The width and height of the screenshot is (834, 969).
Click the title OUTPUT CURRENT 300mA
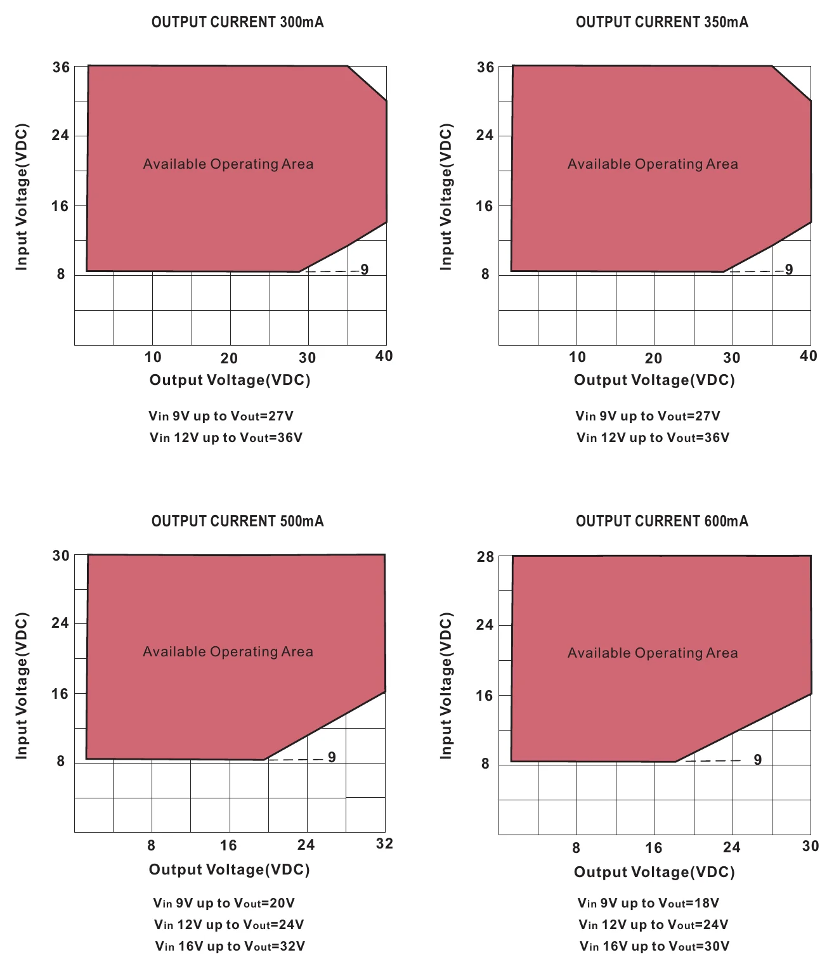237,22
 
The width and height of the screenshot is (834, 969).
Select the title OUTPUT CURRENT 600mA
661,521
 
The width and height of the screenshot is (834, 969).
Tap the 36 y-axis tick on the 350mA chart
485,67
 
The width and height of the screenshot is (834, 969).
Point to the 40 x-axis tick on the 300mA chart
384,356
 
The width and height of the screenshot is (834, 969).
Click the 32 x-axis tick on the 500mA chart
384,843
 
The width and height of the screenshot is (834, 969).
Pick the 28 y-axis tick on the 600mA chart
485,556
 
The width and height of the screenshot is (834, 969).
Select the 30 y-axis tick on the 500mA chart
60,556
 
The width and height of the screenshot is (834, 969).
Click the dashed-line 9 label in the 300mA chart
364,270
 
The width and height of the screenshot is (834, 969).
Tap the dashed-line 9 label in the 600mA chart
758,760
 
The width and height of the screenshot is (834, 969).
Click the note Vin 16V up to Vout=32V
230,946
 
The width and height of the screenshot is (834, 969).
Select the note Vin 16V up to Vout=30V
654,946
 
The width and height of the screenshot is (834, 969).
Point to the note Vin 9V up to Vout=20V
224,903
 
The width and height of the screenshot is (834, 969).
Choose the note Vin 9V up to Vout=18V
648,903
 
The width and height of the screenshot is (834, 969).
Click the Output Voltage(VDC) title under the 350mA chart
654,380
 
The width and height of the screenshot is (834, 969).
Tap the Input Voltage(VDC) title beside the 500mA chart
22,686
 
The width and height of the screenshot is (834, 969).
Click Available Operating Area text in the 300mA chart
228,164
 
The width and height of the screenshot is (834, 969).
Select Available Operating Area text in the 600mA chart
653,653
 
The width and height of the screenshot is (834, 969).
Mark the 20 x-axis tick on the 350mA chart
653,358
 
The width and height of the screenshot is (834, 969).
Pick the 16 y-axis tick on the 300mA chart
60,206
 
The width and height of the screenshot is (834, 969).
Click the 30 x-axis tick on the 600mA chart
810,846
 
